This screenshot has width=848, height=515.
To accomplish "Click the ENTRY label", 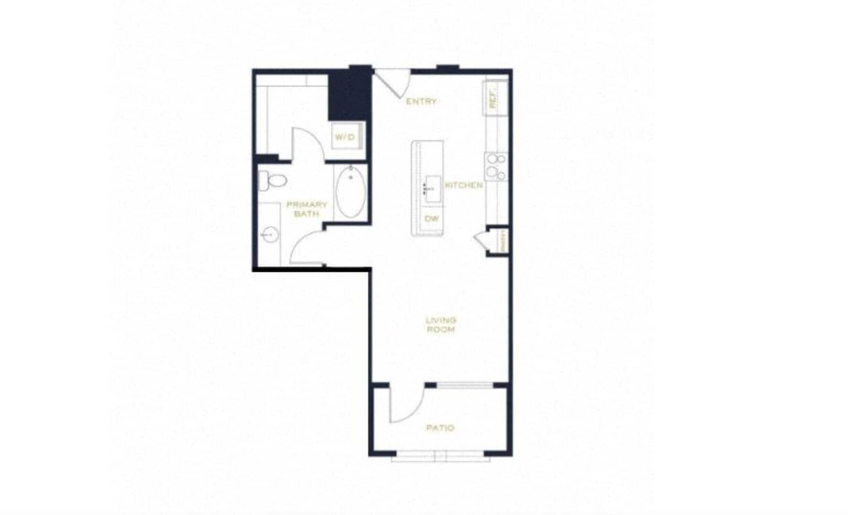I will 421,101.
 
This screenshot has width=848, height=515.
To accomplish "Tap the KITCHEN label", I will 464,185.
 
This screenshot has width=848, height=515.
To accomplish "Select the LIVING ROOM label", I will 441,324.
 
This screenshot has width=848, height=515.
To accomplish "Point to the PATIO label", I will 440,427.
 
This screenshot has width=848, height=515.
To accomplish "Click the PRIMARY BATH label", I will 306,209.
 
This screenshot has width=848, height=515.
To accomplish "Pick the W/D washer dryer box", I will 345,137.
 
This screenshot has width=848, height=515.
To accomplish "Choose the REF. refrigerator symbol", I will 494,99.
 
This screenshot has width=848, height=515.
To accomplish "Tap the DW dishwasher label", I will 432,219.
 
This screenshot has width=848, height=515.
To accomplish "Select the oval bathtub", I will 350,192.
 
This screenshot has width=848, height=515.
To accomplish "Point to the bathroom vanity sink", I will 269,235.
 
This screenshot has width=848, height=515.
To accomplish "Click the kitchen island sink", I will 433,188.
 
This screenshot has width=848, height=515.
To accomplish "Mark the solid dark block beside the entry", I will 349,94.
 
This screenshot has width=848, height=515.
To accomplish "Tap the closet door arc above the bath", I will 307,143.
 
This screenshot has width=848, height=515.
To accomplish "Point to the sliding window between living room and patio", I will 465,385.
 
